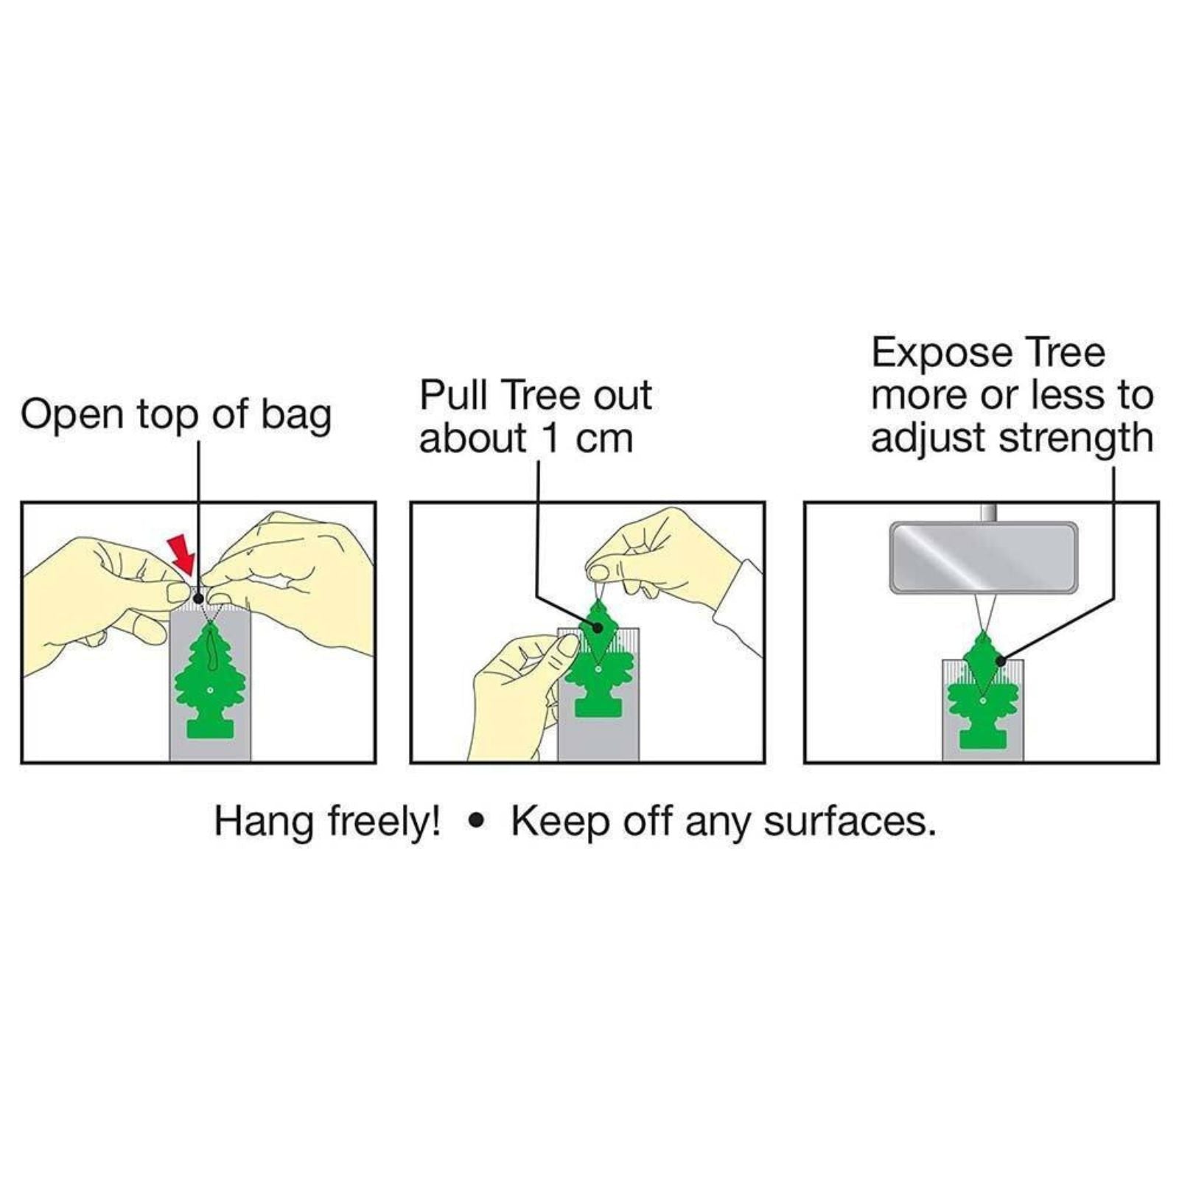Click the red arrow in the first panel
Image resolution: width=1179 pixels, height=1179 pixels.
click(182, 555)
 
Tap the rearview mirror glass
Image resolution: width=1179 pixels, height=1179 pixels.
click(983, 557)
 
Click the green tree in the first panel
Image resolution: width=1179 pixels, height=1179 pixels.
click(210, 679)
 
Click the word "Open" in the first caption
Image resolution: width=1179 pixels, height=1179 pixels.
click(72, 416)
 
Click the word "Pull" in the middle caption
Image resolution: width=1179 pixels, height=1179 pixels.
click(454, 396)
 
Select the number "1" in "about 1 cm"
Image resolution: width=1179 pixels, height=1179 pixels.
click(550, 439)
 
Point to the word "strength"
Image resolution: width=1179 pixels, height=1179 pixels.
click(1076, 439)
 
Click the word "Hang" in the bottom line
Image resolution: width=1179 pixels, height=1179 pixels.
click(263, 822)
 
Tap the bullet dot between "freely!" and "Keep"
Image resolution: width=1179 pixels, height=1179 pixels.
click(477, 820)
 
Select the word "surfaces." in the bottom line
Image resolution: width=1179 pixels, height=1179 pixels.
click(850, 822)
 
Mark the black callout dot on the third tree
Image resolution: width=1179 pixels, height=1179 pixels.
click(1000, 661)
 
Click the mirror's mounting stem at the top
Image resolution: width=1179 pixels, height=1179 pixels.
click(989, 512)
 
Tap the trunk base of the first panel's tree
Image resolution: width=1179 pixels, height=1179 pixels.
click(210, 728)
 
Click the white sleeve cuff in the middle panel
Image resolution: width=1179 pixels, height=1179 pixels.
click(739, 608)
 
